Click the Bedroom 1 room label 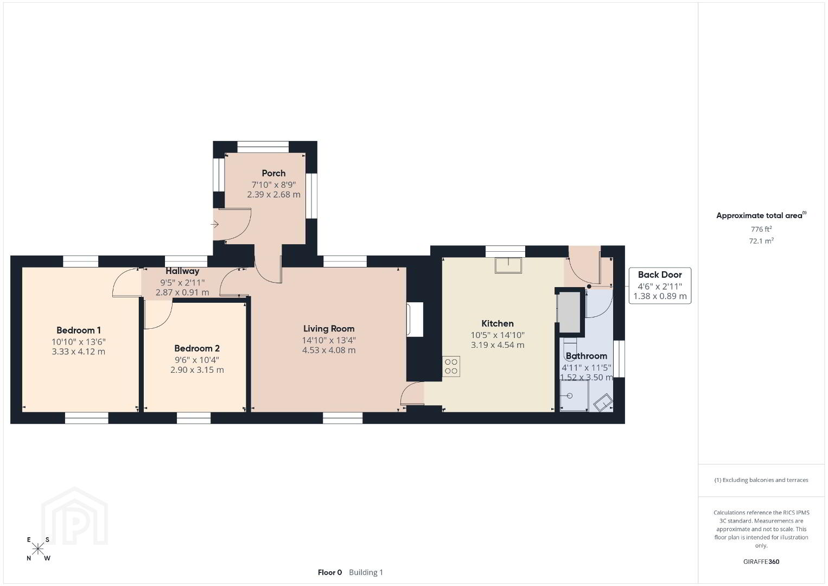pyautogui.click(x=78, y=330)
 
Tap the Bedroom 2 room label pyautogui.click(x=197, y=348)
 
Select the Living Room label pyautogui.click(x=329, y=329)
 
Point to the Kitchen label pyautogui.click(x=497, y=323)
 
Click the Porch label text pyautogui.click(x=273, y=173)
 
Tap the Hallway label pyautogui.click(x=182, y=271)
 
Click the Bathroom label pyautogui.click(x=586, y=356)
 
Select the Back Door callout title pyautogui.click(x=660, y=275)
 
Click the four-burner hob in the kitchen pyautogui.click(x=451, y=366)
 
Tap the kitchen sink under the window pyautogui.click(x=508, y=265)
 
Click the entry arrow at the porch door pyautogui.click(x=215, y=224)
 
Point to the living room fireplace pyautogui.click(x=415, y=320)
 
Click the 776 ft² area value pyautogui.click(x=761, y=229)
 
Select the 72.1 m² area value pyautogui.click(x=761, y=241)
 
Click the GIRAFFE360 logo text pyautogui.click(x=761, y=562)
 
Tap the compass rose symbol pyautogui.click(x=37, y=549)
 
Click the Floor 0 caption pyautogui.click(x=330, y=572)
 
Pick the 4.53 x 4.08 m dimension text pyautogui.click(x=329, y=350)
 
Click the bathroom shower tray pyautogui.click(x=574, y=395)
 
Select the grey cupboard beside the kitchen pyautogui.click(x=569, y=313)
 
